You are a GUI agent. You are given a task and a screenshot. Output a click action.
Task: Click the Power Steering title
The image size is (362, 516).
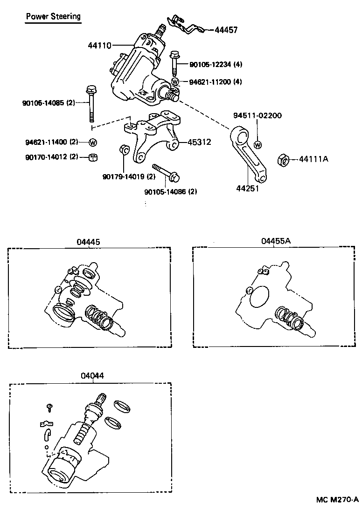point(53,17)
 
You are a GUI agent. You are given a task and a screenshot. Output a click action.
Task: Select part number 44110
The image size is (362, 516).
point(99,46)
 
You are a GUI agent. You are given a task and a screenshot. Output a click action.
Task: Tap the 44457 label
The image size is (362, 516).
point(226,30)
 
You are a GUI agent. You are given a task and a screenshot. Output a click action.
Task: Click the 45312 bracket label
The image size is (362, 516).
point(199,143)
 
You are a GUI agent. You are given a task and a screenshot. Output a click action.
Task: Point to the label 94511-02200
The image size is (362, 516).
point(258,115)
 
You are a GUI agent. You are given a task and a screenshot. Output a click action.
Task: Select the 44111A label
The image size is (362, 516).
point(313,159)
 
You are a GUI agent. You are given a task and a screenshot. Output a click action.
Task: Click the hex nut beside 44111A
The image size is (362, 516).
point(283,160)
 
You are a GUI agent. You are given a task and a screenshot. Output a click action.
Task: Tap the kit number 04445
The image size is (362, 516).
point(89,242)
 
